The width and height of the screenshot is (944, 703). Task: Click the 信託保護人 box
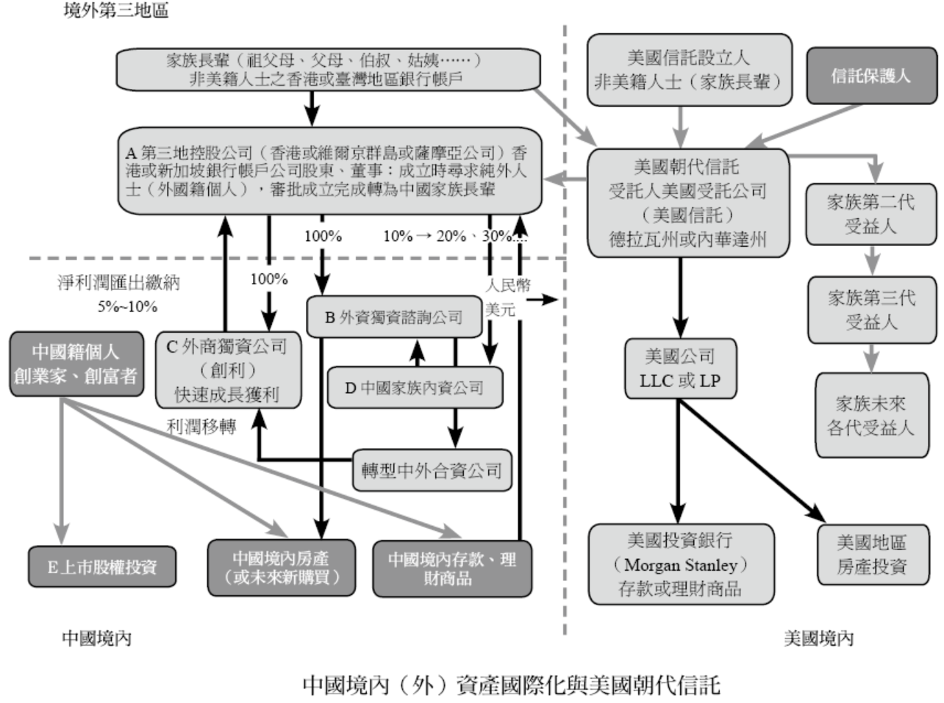point(871,75)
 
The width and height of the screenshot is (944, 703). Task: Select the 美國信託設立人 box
point(688,70)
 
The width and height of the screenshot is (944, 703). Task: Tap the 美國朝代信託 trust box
point(688,202)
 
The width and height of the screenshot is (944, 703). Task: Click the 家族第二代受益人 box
point(871,214)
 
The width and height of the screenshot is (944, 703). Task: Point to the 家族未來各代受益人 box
point(871,415)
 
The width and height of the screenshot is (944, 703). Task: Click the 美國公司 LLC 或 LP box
point(680,368)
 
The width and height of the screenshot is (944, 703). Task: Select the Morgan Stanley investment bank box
point(680,564)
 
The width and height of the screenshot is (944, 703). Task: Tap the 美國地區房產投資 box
point(872,555)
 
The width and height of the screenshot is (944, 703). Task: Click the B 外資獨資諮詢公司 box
point(394,317)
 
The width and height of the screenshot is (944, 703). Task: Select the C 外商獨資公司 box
point(228,369)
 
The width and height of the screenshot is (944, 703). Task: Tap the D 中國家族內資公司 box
point(415,387)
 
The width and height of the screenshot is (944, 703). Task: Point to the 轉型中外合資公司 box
point(432,470)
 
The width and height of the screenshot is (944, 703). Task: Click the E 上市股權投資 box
point(102,566)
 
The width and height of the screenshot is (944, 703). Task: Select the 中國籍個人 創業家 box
point(76,364)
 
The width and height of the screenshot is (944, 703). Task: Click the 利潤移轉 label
point(201,426)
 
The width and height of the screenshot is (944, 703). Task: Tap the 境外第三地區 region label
point(115,11)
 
